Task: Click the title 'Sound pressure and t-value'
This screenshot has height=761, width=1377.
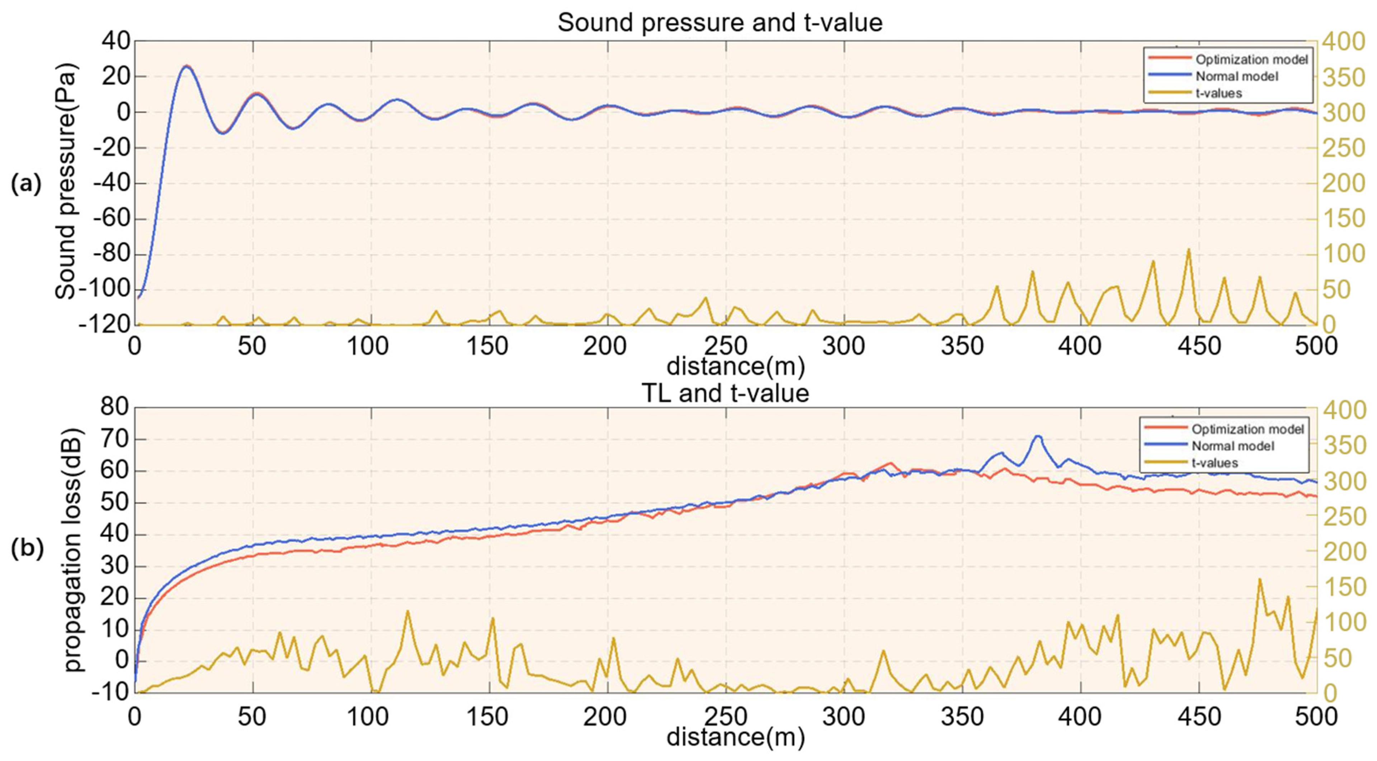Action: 720,23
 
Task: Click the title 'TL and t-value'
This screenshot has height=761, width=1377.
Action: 725,393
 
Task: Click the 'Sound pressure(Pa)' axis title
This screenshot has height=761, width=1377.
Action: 66,182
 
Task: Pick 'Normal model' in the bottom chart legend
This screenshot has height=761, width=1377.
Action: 1233,446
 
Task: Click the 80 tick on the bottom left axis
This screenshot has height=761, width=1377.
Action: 115,407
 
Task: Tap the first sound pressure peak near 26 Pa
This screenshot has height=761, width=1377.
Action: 185,66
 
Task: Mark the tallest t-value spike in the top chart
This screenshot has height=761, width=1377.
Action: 1189,249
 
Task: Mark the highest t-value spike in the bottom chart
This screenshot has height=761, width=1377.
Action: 1259,579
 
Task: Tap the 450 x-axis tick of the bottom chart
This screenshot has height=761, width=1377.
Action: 1199,716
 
